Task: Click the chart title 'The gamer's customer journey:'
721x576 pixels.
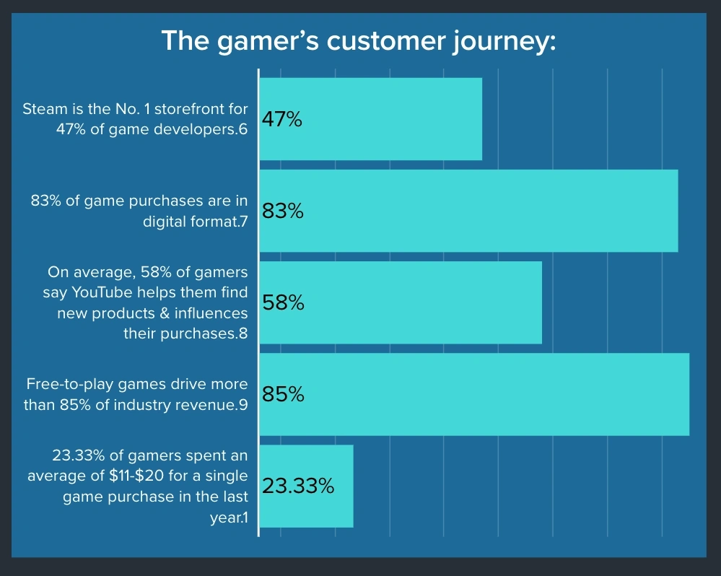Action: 359,40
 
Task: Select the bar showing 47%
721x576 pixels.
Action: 390,119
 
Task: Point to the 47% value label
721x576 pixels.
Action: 281,120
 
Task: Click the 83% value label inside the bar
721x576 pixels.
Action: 282,211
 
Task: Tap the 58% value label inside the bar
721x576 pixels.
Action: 282,303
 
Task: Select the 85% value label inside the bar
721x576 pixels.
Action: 282,395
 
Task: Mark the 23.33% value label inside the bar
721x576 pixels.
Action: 298,486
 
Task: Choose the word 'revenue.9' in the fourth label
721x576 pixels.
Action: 211,405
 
